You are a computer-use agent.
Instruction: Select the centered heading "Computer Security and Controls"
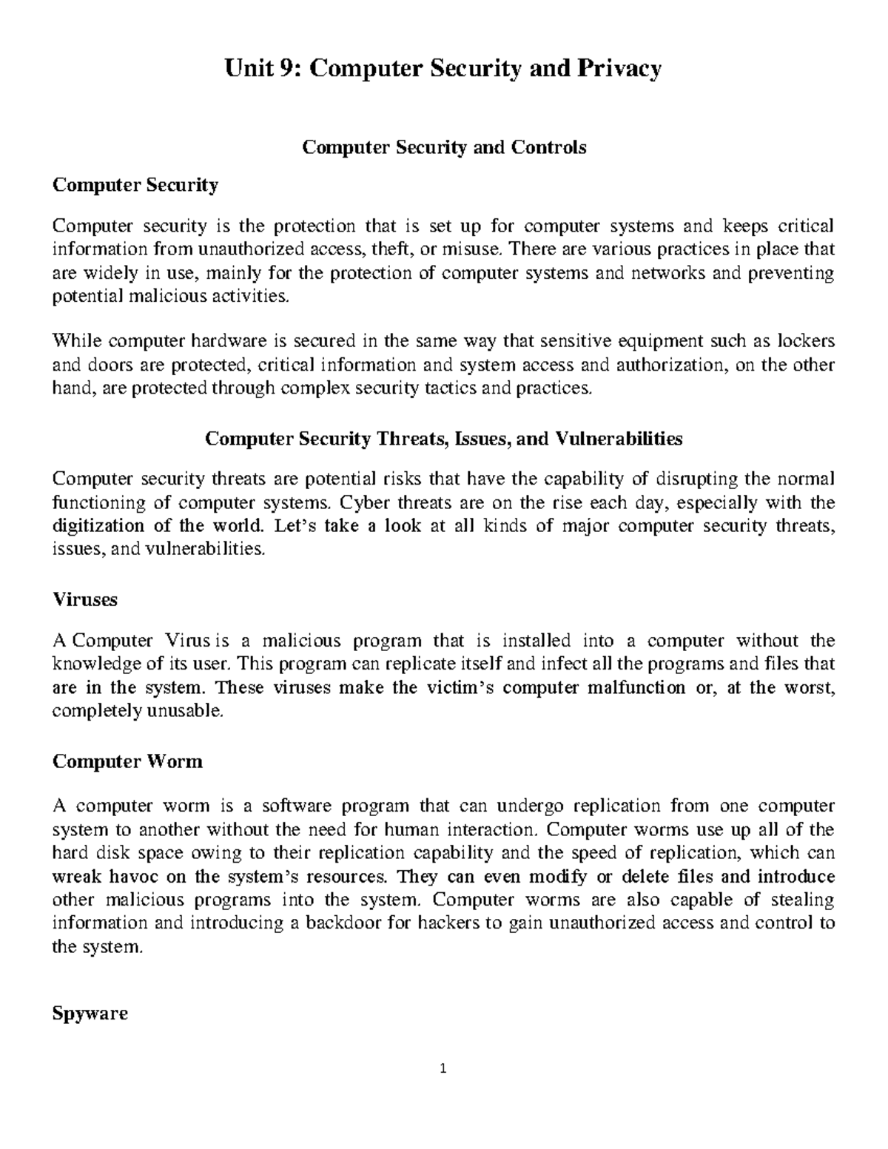click(443, 147)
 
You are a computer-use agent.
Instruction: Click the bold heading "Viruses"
click(85, 599)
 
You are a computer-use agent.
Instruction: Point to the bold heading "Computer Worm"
click(127, 761)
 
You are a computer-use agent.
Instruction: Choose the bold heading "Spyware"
click(90, 1013)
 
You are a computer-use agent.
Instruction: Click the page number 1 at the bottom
click(443, 1068)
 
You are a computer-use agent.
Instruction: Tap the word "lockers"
click(806, 341)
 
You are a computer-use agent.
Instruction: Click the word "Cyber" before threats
click(364, 503)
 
